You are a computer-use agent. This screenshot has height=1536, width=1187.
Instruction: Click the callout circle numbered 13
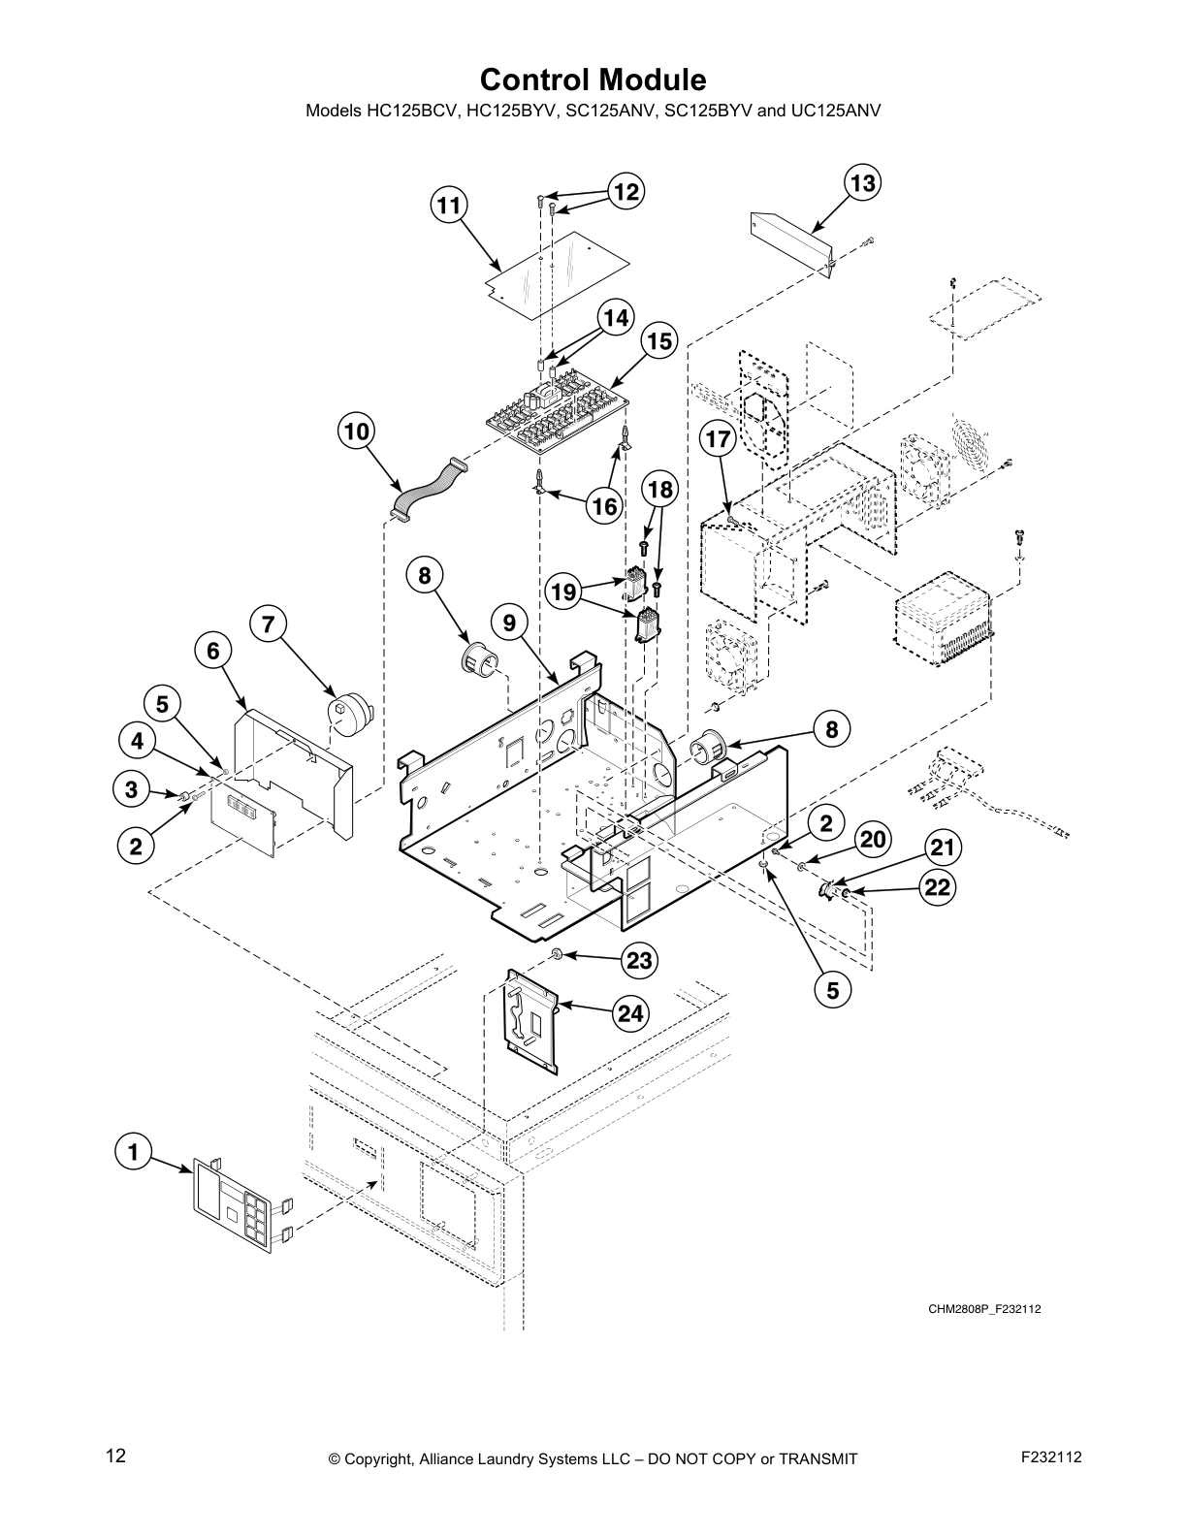tap(862, 183)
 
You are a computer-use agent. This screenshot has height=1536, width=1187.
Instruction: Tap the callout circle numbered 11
tap(448, 206)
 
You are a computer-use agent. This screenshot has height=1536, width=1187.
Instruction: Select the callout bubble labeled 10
tap(357, 432)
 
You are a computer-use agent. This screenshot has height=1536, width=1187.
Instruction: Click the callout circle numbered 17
tap(718, 439)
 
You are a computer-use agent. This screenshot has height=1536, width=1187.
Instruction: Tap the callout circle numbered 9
tap(510, 622)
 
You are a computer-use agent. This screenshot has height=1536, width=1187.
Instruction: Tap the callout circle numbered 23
tap(639, 960)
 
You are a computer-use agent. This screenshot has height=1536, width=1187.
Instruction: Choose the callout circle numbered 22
tap(938, 887)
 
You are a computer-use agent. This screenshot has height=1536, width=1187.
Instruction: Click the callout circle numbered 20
tap(873, 840)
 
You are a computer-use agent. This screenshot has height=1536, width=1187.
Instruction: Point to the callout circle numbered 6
tap(213, 651)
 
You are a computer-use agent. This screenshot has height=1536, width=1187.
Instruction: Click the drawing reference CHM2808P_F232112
tap(983, 1309)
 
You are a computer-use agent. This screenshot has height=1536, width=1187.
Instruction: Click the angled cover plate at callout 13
tap(790, 242)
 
